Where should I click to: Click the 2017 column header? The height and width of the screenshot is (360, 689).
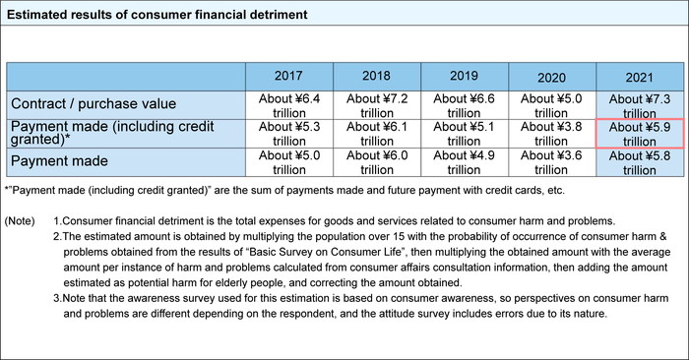[289, 76]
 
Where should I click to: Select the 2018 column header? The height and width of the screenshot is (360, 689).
[376, 76]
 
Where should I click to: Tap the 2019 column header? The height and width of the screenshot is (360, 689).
[463, 76]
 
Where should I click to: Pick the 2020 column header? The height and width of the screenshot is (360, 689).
[551, 77]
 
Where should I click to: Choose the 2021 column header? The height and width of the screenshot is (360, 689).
[639, 77]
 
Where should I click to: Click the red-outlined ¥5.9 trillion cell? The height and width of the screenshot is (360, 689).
[639, 134]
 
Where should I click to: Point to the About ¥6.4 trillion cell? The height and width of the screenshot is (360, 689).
[289, 105]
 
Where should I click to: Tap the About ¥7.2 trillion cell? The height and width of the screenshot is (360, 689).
[376, 105]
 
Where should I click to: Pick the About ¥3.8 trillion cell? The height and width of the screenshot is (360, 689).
[551, 134]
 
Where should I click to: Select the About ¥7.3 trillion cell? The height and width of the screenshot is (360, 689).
[639, 105]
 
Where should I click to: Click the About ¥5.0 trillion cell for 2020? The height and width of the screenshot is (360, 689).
[551, 105]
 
